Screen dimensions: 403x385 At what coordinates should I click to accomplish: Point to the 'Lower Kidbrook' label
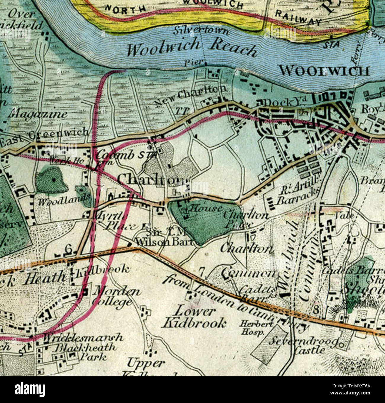click(x=194, y=317)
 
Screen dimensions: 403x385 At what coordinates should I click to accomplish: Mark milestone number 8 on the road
click(x=316, y=310)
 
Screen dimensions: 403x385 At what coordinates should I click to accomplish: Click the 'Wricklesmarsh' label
click(x=83, y=338)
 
